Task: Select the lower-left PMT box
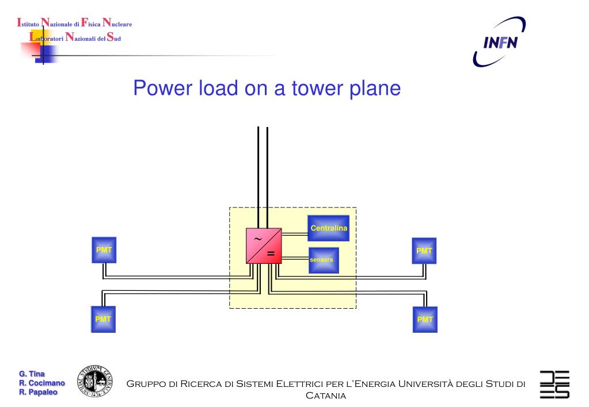click(x=102, y=318)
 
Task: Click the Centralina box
click(x=328, y=229)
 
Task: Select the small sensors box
click(x=324, y=260)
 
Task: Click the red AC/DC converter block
click(x=264, y=246)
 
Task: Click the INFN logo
click(x=497, y=42)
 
